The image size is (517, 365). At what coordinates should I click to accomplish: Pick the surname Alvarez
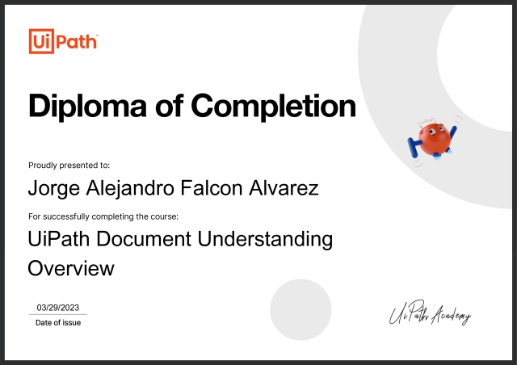tap(284, 188)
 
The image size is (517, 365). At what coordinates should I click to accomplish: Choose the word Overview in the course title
tap(71, 268)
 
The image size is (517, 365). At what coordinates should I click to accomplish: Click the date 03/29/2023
tap(57, 308)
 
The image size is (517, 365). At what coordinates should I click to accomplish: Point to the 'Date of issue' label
tap(58, 323)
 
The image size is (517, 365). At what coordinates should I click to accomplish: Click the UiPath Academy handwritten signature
tap(428, 315)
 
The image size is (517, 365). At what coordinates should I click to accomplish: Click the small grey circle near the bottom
tap(301, 311)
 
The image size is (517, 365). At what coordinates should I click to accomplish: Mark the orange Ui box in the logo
tap(40, 40)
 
